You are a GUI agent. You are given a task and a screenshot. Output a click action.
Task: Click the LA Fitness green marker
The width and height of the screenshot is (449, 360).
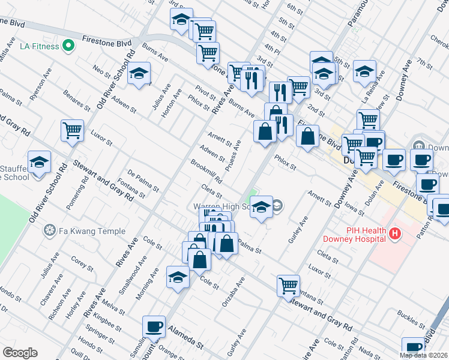coord(68,46)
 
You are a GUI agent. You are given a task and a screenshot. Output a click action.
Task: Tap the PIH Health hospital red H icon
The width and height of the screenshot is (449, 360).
coord(394,233)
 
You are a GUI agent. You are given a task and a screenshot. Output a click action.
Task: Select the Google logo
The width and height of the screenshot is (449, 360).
coord(20,353)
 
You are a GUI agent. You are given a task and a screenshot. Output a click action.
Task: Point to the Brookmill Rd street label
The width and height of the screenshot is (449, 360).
coord(206,172)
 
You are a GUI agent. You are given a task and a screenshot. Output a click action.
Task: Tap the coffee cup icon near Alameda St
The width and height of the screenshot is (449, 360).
coord(154,326)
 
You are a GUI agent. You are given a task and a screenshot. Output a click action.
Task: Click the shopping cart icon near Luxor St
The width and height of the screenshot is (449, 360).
coord(72,130)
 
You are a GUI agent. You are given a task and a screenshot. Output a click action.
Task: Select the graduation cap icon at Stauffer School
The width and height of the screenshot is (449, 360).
coord(39,162)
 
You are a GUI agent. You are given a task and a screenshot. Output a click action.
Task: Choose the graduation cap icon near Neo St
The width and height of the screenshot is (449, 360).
coord(139,73)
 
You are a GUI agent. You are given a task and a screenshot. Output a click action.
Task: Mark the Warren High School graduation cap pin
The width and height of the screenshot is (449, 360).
coord(261,207)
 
